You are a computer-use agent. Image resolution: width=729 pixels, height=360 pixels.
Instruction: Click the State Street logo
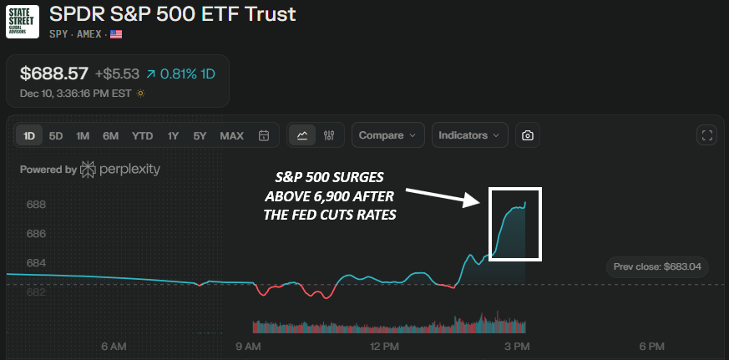[x=24, y=23]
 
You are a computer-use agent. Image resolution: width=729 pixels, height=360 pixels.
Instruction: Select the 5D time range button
[x=55, y=135]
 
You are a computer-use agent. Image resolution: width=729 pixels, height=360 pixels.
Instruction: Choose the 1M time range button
[x=82, y=135]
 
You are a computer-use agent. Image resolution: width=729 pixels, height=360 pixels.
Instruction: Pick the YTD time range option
[x=142, y=135]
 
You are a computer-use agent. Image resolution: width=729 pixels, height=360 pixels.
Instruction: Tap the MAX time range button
[x=231, y=135]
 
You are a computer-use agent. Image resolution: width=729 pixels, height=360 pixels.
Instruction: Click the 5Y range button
[x=200, y=135]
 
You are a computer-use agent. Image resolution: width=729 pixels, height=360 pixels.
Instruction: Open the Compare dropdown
[x=387, y=135]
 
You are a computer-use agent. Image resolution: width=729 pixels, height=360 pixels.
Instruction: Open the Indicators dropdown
[x=469, y=135]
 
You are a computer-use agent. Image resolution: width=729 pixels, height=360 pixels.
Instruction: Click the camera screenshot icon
[x=528, y=135]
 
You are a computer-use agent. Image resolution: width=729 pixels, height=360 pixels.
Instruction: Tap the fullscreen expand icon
[x=706, y=135]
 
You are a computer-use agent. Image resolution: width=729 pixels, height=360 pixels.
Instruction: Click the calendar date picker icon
[x=264, y=135]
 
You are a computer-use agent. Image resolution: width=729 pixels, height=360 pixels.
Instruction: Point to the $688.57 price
[x=53, y=74]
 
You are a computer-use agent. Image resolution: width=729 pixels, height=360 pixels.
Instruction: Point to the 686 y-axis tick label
[x=36, y=234]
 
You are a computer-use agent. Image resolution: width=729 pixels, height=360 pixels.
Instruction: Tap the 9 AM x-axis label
[x=248, y=346]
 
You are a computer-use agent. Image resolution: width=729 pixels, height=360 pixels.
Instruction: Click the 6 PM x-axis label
[x=651, y=346]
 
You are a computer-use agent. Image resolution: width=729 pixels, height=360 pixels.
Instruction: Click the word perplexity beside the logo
[x=129, y=170]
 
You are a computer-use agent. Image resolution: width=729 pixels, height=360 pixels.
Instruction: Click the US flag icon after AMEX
[x=116, y=34]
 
